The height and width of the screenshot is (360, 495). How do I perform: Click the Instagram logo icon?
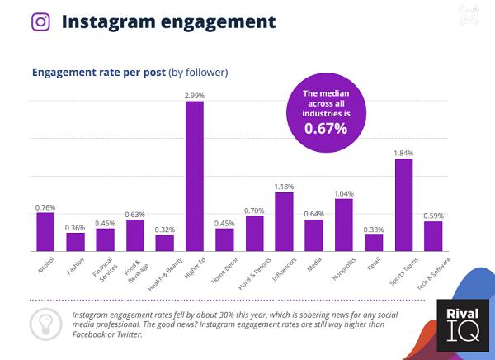click(x=40, y=21)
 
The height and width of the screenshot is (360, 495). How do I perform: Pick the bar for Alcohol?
click(x=45, y=232)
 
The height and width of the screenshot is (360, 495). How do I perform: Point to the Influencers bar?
click(x=284, y=221)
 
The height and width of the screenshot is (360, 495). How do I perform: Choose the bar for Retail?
click(x=373, y=243)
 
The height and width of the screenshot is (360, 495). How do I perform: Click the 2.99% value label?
click(x=194, y=96)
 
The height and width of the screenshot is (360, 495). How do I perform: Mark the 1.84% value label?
click(x=403, y=153)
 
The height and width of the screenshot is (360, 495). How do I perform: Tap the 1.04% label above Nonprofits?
click(x=343, y=193)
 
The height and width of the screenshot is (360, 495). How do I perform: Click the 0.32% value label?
click(x=164, y=229)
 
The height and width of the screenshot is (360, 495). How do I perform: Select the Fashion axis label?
click(x=76, y=267)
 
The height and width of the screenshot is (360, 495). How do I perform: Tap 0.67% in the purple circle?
click(x=325, y=128)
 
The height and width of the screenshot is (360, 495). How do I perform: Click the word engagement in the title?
click(x=217, y=21)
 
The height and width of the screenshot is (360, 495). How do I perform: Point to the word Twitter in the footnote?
click(x=128, y=334)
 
